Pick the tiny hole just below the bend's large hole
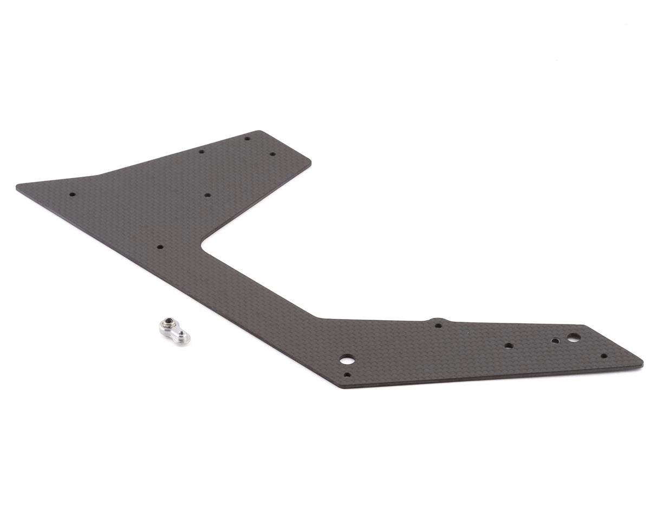click(x=347, y=374)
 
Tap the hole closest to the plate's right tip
click(x=604, y=356)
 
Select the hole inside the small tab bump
click(x=438, y=326)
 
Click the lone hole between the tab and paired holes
click(x=508, y=345)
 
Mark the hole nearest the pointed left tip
click(x=73, y=194)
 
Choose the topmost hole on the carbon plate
click(x=247, y=138)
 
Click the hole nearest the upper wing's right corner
click(x=272, y=154)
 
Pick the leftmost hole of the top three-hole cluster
click(x=201, y=152)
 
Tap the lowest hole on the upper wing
click(x=160, y=247)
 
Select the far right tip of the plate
click(x=642, y=361)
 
